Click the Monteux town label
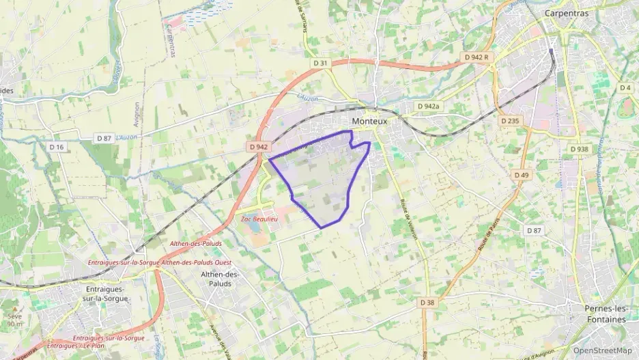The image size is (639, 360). tap(369, 121)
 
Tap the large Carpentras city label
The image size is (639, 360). tap(566, 13)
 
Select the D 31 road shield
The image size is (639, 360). tap(321, 64)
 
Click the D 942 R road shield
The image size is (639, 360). tap(477, 57)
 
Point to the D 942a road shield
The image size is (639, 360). tap(429, 107)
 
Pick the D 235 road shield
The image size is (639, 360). tap(510, 121)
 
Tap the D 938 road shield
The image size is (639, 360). tap(579, 149)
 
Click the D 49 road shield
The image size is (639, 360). tap(522, 176)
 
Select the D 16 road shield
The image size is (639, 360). tap(57, 147)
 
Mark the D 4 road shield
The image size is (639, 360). tap(625, 88)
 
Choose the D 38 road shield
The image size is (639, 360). tap(427, 302)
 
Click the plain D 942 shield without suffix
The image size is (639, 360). tap(259, 147)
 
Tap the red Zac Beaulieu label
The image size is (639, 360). tap(259, 219)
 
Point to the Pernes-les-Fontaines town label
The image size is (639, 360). tap(606, 314)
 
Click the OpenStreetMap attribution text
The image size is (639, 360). tap(602, 350)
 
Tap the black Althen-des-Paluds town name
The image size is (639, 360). tap(221, 279)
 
